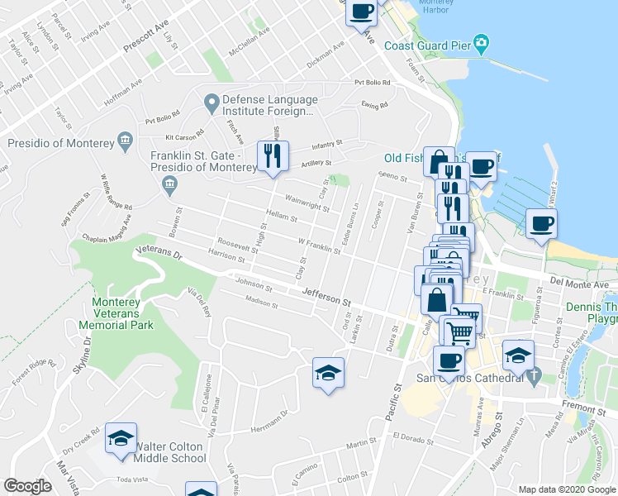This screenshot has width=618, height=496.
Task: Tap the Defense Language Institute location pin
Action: (212, 103)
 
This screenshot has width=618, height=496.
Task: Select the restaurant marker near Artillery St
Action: (272, 155)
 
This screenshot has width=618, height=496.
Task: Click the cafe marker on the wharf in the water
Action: (541, 224)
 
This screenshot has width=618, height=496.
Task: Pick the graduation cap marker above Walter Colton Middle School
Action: (121, 438)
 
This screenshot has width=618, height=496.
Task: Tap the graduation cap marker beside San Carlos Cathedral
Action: (518, 356)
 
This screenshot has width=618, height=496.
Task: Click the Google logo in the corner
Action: (27, 486)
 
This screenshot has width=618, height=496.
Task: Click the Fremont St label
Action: (589, 409)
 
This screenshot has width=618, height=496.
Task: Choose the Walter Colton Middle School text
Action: (169, 452)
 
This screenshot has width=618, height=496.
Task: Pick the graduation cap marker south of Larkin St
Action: (328, 373)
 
